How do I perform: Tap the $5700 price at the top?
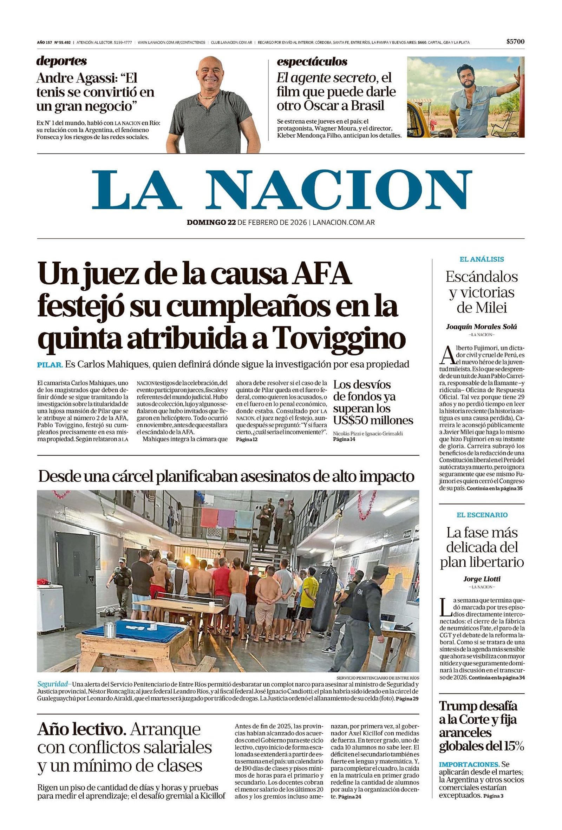[515, 42]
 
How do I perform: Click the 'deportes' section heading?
[61, 61]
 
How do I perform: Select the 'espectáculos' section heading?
[312, 61]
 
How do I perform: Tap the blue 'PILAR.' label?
[50, 365]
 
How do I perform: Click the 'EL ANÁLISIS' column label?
[481, 259]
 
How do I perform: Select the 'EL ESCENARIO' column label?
[482, 515]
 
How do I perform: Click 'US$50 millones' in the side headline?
[373, 420]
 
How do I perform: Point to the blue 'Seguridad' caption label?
[52, 684]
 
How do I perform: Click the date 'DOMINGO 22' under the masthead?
[211, 222]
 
